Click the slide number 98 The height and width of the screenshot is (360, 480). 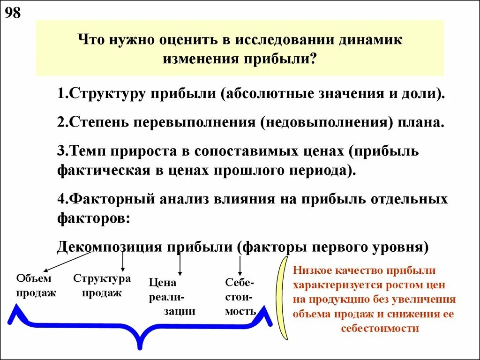pyautogui.click(x=13, y=13)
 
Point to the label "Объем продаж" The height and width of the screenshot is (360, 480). pyautogui.click(x=36, y=285)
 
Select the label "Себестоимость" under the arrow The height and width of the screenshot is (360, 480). pyautogui.click(x=240, y=297)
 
